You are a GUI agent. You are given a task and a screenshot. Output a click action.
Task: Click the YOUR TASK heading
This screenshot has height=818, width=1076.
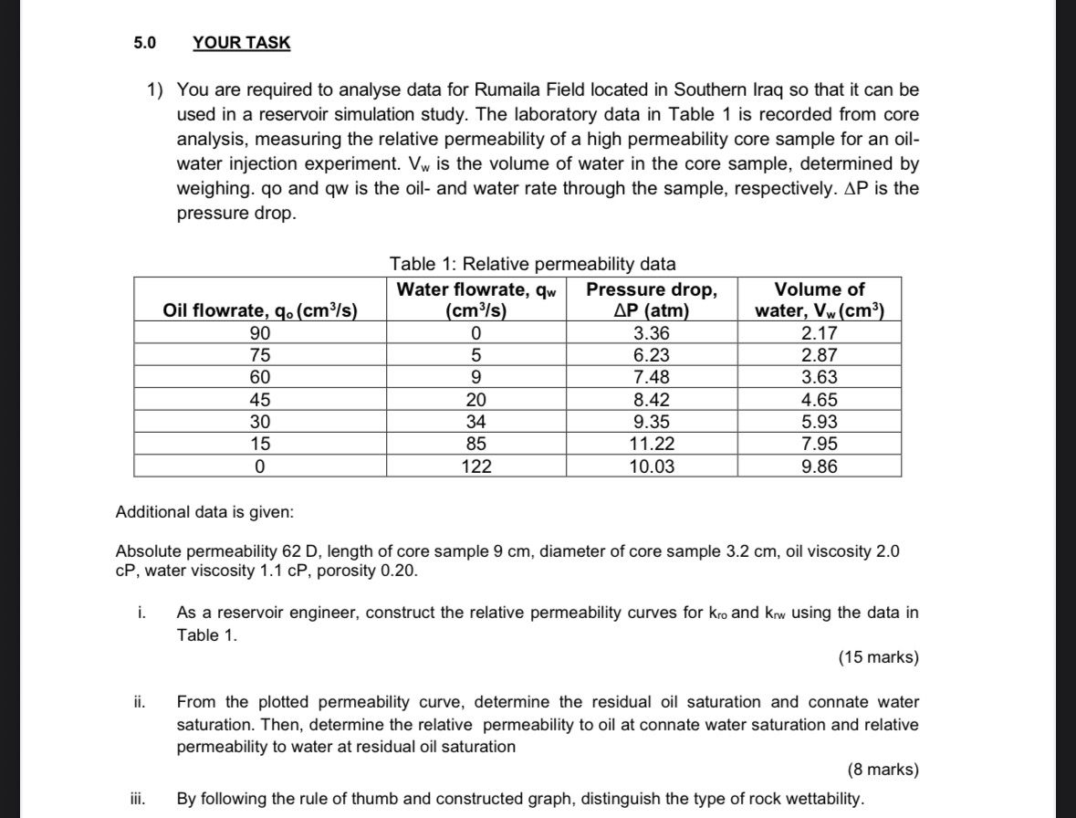click(x=242, y=43)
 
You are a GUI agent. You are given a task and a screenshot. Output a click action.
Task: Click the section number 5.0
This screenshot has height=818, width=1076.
click(x=144, y=43)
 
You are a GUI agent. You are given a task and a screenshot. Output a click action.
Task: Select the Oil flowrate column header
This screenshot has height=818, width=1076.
click(x=259, y=310)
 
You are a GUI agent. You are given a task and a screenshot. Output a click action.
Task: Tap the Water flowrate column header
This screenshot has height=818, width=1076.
click(x=475, y=299)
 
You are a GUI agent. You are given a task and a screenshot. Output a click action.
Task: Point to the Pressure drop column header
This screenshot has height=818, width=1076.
click(x=651, y=299)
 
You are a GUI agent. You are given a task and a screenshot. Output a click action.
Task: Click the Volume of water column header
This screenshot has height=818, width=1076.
click(x=819, y=299)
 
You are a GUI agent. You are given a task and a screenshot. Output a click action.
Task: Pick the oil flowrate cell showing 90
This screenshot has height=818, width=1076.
click(x=260, y=333)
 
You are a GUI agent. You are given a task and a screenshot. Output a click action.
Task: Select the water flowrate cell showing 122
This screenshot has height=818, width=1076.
click(x=475, y=467)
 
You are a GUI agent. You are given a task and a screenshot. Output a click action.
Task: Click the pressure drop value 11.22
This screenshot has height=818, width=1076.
click(x=651, y=445)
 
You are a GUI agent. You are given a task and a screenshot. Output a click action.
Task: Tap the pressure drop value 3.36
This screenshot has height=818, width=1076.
click(x=651, y=333)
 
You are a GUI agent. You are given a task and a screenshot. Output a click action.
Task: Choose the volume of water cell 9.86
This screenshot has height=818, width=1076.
click(x=819, y=467)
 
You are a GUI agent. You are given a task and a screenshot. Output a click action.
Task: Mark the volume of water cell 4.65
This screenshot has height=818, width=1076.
click(x=819, y=400)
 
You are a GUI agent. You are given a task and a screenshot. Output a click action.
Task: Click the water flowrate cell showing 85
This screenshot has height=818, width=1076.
click(x=475, y=445)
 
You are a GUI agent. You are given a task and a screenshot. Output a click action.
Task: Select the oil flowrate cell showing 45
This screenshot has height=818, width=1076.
click(x=260, y=400)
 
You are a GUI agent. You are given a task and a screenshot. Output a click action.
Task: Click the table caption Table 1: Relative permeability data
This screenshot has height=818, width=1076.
click(x=532, y=265)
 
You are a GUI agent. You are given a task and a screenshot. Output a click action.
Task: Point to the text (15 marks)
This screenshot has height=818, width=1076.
click(x=877, y=658)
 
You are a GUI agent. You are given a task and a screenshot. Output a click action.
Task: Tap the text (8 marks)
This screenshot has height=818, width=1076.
click(x=882, y=770)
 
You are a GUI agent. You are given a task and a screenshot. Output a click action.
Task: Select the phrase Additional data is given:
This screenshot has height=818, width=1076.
click(x=204, y=512)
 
